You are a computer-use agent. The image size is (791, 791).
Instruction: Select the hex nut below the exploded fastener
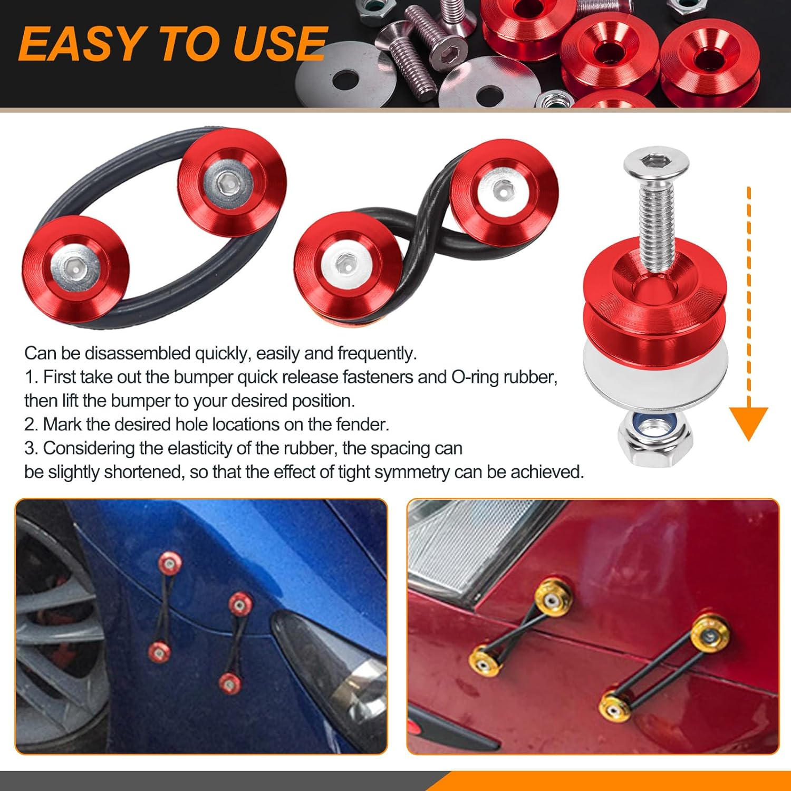coord(655,439)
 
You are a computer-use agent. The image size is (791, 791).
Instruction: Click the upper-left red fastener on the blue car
coord(169,564)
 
